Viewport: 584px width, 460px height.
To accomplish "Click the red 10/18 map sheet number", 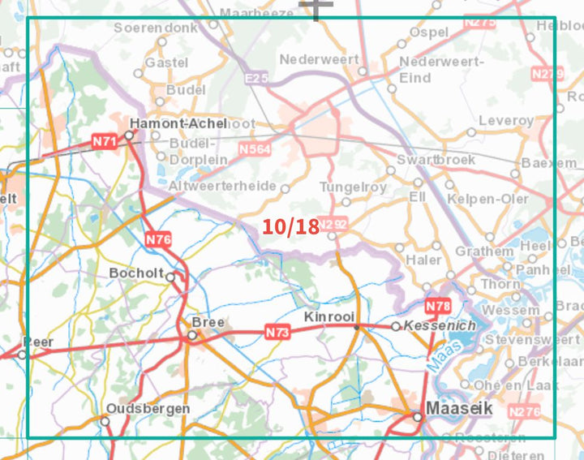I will click(290, 226).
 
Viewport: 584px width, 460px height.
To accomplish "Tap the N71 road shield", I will click(105, 142).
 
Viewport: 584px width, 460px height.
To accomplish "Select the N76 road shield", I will click(158, 239).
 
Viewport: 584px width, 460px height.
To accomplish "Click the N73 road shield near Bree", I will click(277, 332).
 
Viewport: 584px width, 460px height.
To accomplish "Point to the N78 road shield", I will click(438, 306).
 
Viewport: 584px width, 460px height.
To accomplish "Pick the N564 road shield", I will click(254, 149).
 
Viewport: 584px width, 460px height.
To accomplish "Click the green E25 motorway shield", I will click(256, 78).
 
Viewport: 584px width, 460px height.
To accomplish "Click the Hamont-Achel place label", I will click(178, 123).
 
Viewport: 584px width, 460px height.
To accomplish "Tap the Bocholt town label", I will click(135, 273).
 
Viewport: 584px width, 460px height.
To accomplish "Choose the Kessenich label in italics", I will click(440, 325).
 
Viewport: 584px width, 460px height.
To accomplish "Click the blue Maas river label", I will click(441, 356).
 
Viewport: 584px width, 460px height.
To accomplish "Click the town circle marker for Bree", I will click(192, 334).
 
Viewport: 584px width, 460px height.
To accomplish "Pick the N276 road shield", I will click(524, 412).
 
